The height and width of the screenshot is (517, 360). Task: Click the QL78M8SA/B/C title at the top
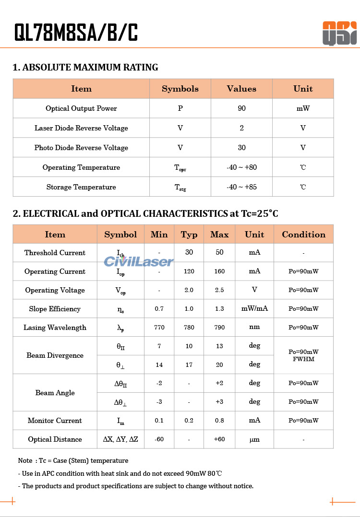click(76, 33)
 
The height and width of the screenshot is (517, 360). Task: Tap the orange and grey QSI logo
click(339, 33)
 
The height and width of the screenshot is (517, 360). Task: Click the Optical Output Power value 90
click(241, 108)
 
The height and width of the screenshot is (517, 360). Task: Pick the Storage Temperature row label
click(81, 187)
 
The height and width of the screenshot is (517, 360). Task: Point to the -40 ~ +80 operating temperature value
click(241, 167)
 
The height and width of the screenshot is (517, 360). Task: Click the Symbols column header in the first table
click(180, 89)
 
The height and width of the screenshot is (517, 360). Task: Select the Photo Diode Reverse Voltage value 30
click(241, 148)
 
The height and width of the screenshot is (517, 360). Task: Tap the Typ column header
click(189, 235)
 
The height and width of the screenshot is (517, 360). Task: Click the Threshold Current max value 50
click(219, 253)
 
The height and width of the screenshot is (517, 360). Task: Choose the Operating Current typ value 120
click(189, 271)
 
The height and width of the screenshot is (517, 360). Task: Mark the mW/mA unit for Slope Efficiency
click(254, 309)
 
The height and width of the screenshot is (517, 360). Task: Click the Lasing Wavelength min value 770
click(159, 328)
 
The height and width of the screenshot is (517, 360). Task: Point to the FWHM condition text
click(303, 359)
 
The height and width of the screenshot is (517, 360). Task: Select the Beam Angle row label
click(55, 393)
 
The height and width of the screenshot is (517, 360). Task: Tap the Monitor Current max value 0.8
click(219, 421)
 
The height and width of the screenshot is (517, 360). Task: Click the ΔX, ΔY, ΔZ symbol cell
click(120, 439)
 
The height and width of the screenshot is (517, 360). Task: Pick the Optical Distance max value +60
click(219, 439)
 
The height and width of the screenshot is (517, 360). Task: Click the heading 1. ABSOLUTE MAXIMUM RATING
click(85, 68)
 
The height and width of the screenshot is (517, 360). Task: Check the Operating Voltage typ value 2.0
click(189, 290)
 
